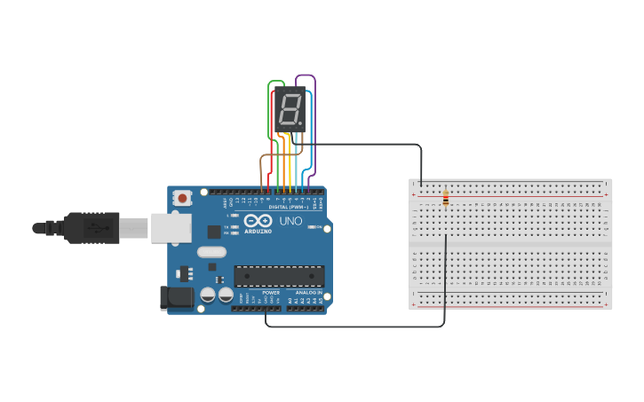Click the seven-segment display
tap(290, 110)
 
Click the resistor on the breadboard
tap(445, 199)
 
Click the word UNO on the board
tap(290, 221)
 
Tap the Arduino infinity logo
tap(258, 220)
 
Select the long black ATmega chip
tap(279, 275)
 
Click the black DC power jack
tap(175, 298)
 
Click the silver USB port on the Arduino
tap(171, 228)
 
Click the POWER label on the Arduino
tap(271, 292)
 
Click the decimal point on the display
tap(300, 122)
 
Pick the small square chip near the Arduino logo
tap(214, 232)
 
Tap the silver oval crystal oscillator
tap(212, 252)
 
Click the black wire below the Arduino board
tap(355, 326)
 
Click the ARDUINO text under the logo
tap(258, 231)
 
